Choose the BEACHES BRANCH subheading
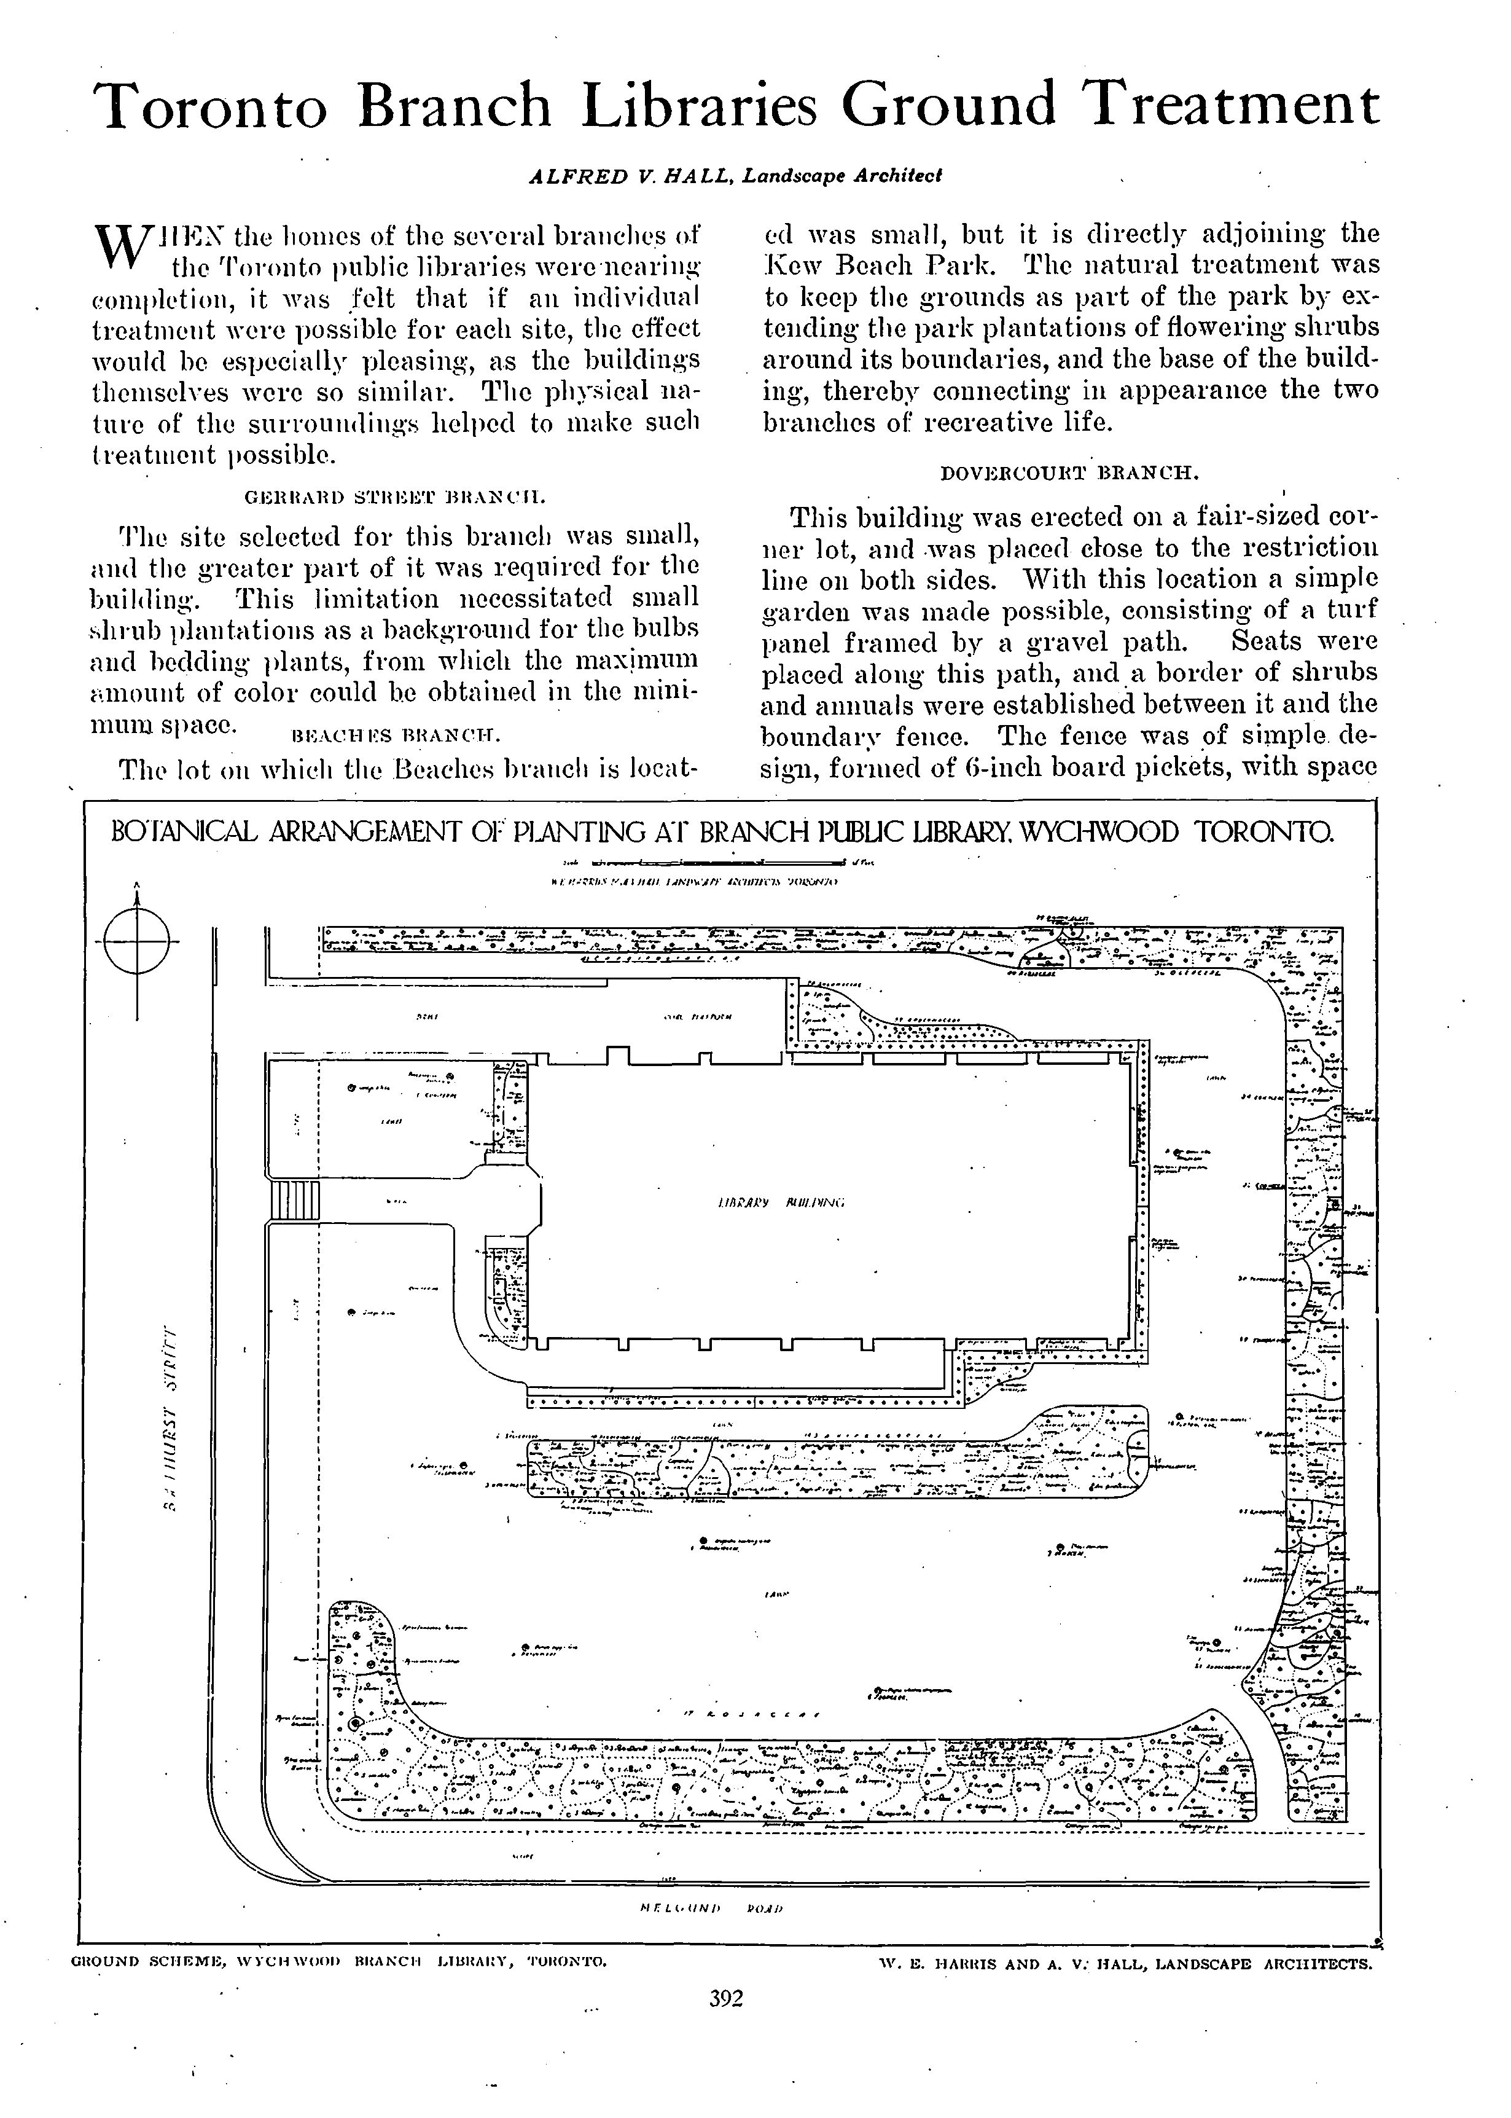(x=396, y=736)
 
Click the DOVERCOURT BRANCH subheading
(x=1070, y=472)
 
